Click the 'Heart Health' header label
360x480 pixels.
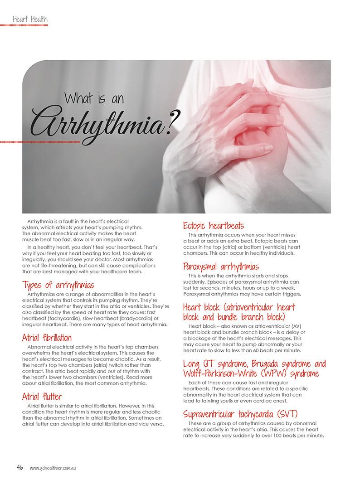(29, 19)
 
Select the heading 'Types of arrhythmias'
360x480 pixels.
(58, 285)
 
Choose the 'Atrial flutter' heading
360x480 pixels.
(42, 397)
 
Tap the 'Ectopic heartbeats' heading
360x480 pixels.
(214, 225)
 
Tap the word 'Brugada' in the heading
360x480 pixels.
(269, 364)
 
